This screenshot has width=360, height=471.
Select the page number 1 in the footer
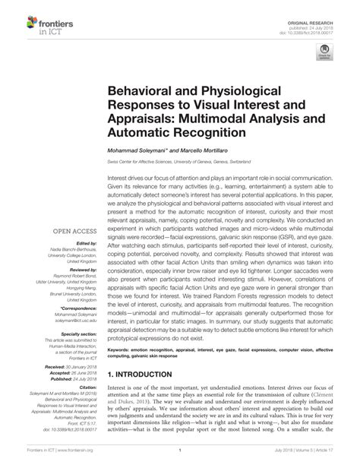(x=179, y=460)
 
